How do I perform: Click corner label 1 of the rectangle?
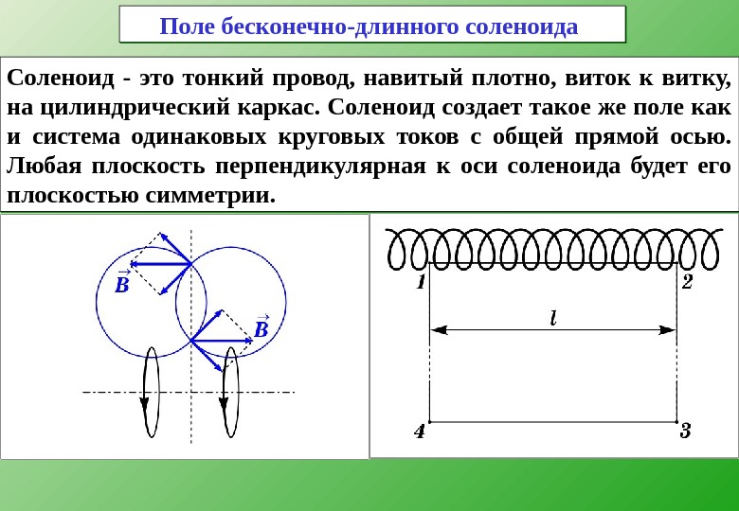click(x=420, y=282)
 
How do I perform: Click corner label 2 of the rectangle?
click(x=687, y=282)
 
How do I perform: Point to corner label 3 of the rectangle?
click(x=685, y=432)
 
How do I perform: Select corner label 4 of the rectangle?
click(x=420, y=432)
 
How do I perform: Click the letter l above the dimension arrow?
click(x=552, y=318)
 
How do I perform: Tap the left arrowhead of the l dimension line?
click(x=439, y=330)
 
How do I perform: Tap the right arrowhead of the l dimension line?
click(x=668, y=330)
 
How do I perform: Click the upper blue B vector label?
click(x=122, y=283)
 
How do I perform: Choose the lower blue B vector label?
click(x=261, y=327)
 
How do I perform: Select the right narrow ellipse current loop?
click(x=228, y=392)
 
